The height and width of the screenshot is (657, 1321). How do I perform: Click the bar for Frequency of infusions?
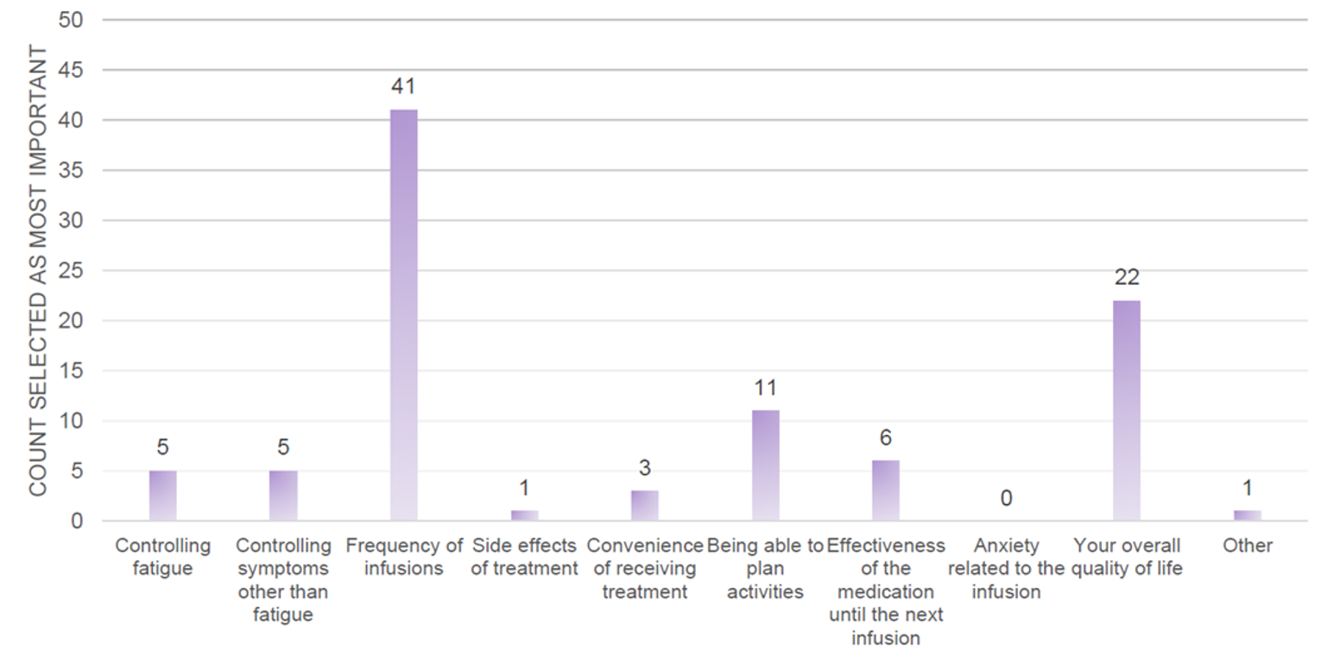tap(403, 315)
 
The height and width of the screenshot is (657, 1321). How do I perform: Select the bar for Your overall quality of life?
tap(1126, 410)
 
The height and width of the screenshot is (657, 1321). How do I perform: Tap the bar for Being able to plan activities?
tap(765, 465)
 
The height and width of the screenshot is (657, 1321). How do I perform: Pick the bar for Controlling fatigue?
tap(162, 496)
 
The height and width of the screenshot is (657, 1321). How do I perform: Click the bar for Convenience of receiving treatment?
tap(644, 506)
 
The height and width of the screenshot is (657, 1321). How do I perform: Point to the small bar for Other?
tap(1247, 515)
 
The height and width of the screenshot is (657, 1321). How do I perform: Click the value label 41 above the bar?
tap(403, 86)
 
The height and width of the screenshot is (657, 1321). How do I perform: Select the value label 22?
tap(1127, 277)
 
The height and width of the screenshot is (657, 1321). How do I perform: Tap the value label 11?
tap(765, 388)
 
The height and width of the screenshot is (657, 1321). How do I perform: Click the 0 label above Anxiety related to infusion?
tap(1006, 498)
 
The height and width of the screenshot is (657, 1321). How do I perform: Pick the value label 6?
tap(885, 438)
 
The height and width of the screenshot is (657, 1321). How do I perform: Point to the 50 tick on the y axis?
tap(71, 19)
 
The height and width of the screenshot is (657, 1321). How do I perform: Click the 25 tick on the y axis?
tap(71, 270)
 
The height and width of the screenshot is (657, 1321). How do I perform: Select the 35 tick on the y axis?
tap(71, 170)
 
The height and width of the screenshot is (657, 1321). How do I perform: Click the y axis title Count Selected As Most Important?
tap(38, 270)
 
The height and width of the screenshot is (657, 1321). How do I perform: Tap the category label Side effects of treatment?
tap(524, 557)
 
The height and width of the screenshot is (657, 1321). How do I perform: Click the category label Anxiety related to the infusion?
tap(1006, 568)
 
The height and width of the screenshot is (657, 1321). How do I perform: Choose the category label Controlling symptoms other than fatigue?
tap(283, 579)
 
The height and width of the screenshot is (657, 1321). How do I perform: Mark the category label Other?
tap(1247, 546)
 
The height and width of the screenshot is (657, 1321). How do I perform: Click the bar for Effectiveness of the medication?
tap(885, 490)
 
